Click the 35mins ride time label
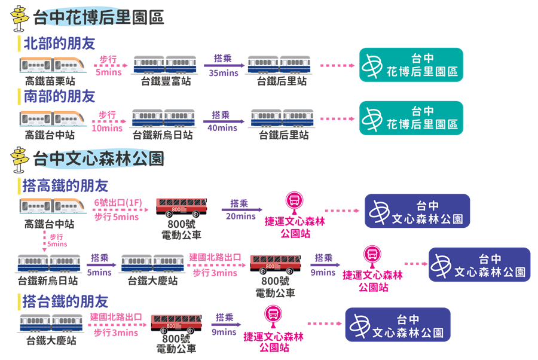coord(224,73)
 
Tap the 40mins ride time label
coord(222,127)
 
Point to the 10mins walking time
coord(108,128)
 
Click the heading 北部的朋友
coord(59,43)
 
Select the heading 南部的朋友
coord(59,96)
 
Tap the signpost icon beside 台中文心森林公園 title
coord(20,158)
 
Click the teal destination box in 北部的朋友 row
coord(411,65)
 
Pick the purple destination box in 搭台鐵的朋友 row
coord(398,325)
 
